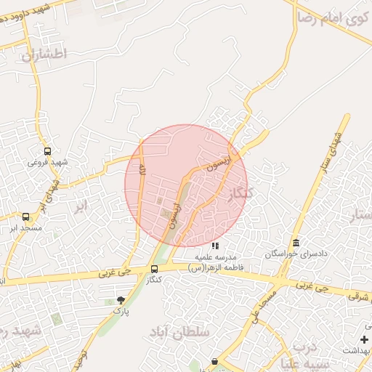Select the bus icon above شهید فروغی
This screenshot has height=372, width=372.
tap(47, 151)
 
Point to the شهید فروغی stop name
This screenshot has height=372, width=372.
tap(47, 162)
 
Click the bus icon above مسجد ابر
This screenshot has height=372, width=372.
tap(26, 217)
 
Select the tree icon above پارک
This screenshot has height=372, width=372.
tap(121, 299)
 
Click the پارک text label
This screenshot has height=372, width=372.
tap(120, 310)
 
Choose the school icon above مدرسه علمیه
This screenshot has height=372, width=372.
tap(214, 246)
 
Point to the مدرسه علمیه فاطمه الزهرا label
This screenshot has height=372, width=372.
tap(214, 262)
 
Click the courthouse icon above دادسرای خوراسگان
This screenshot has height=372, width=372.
tap(296, 243)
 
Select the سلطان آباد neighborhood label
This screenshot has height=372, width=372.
tap(179, 332)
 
